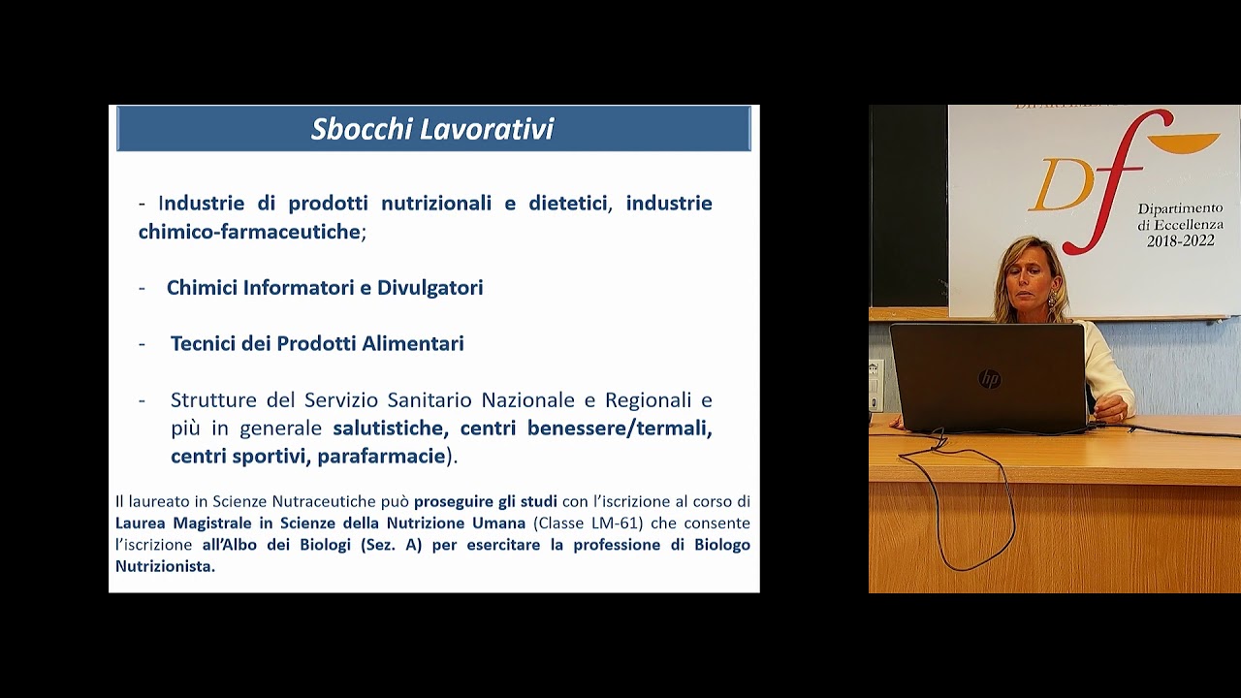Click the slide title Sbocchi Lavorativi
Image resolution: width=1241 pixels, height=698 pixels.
(x=431, y=129)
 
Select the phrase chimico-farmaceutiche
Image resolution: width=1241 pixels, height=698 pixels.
(x=249, y=232)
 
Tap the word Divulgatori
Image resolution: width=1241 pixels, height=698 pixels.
(x=430, y=288)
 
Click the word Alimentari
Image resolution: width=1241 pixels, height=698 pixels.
(x=412, y=344)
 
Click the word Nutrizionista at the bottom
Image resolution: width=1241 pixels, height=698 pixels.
(x=163, y=566)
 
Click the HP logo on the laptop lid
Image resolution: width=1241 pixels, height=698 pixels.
(x=989, y=379)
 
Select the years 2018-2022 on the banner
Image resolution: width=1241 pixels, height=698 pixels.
(x=1180, y=240)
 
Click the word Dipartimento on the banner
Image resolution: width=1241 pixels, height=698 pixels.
(x=1180, y=209)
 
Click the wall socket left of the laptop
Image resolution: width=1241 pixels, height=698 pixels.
(x=875, y=373)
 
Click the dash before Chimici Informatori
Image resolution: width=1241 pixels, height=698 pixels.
(x=143, y=288)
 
